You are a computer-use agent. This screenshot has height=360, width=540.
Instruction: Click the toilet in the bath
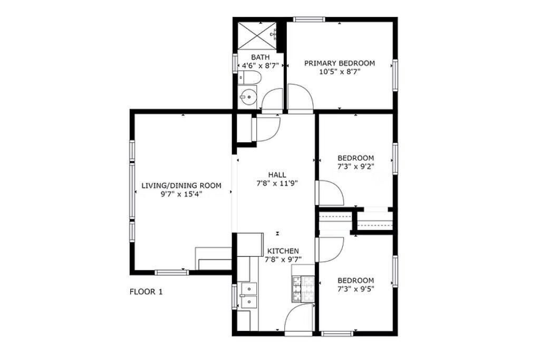tap(249, 78)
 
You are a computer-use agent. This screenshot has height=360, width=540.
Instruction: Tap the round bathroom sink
tap(248, 96)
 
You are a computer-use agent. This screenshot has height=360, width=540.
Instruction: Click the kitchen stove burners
tap(303, 288)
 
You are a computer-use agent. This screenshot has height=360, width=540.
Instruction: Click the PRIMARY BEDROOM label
tap(339, 63)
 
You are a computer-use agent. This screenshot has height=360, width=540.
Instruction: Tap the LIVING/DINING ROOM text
tap(181, 186)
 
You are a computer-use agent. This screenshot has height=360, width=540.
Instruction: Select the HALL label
tap(277, 175)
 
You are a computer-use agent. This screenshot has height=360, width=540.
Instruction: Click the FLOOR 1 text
tap(146, 292)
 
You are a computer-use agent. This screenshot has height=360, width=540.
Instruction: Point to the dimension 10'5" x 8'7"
tap(339, 72)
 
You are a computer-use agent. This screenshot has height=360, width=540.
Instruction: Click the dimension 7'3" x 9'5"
tap(355, 288)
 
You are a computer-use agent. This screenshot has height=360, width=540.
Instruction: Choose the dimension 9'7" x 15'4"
tap(181, 194)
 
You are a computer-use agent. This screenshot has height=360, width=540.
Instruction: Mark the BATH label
tap(261, 57)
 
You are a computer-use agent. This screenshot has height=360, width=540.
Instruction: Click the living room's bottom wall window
tap(171, 273)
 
